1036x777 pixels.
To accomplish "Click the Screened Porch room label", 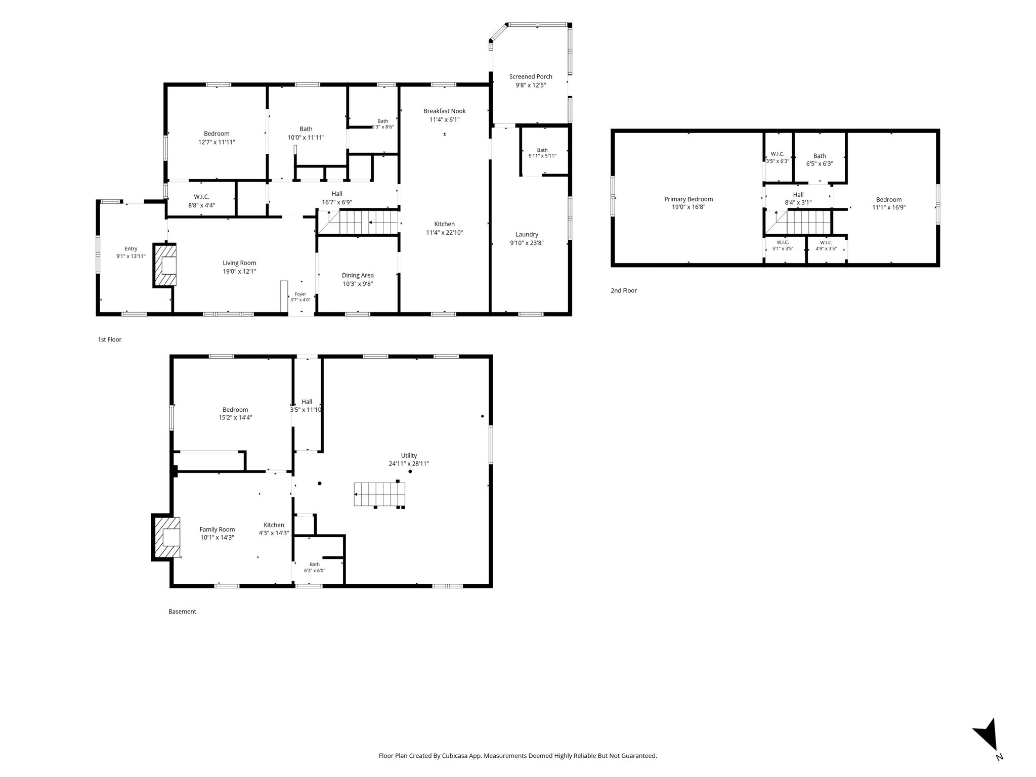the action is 531,77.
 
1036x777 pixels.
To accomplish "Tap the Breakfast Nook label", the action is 445,111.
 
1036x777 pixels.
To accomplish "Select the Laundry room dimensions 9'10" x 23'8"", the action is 527,243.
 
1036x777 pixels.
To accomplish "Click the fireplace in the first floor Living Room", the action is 165,266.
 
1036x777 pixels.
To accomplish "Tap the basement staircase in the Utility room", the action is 380,494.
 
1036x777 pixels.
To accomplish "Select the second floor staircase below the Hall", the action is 798,223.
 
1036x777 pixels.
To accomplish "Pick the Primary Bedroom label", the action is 688,199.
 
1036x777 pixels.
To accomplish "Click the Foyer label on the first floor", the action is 300,294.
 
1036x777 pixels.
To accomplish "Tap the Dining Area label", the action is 358,276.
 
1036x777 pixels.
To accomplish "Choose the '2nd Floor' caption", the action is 624,291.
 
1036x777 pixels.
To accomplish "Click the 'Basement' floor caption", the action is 182,612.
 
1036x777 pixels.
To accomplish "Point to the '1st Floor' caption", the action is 110,340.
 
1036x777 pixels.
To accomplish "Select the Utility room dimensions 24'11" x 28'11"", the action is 409,464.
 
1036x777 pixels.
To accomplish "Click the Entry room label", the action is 131,249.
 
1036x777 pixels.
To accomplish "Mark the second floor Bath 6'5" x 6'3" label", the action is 819,160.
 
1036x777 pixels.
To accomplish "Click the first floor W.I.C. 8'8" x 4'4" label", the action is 201,201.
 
